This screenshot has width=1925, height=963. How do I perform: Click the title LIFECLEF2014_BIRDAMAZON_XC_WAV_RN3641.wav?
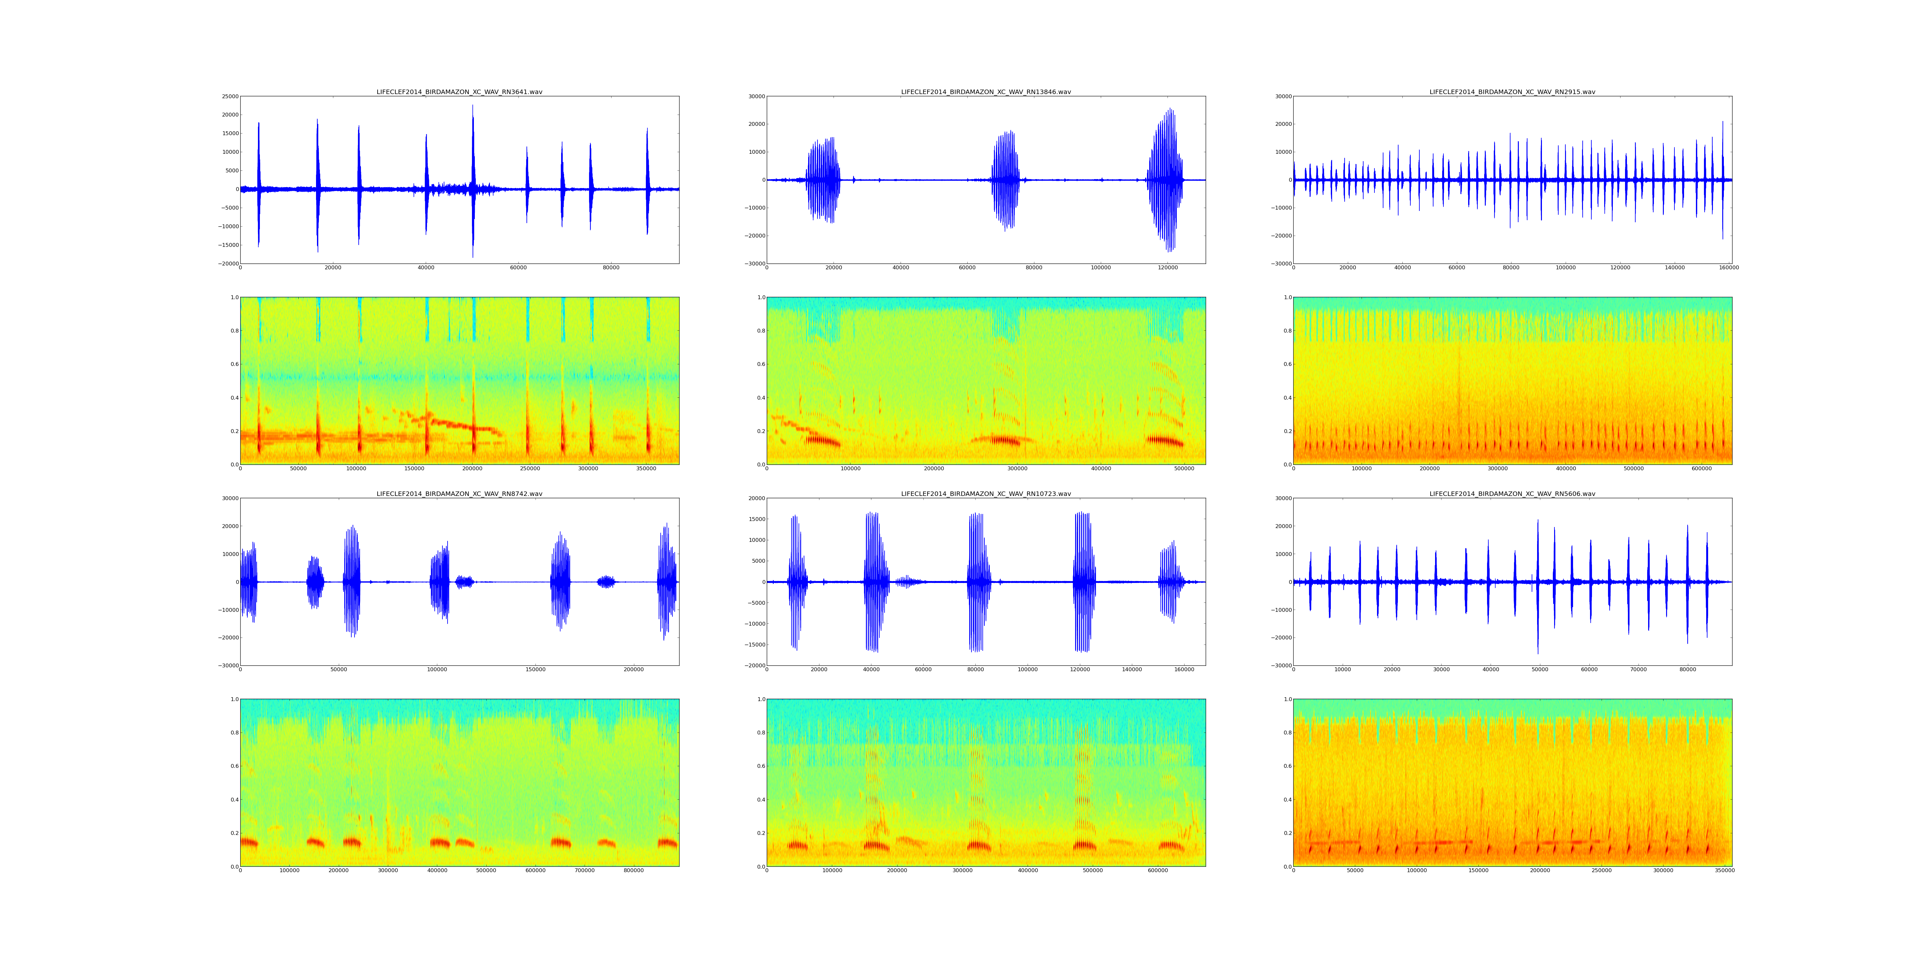[459, 92]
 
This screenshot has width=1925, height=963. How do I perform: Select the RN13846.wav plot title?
[986, 92]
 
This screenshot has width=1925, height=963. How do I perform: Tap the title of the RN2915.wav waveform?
[1512, 92]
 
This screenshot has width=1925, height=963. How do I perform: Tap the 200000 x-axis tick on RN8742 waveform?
[634, 670]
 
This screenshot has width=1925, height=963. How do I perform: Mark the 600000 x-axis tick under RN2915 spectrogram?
[1702, 469]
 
